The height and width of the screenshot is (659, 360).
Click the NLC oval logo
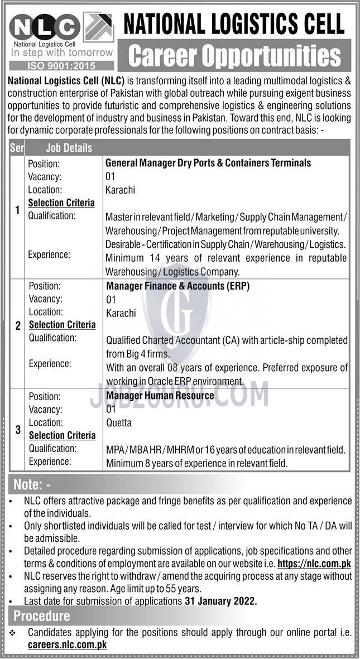(x=44, y=27)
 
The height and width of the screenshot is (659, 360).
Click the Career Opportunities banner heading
(x=234, y=56)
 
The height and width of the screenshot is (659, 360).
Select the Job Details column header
(x=62, y=148)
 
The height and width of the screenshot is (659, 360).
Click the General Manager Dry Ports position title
(x=208, y=163)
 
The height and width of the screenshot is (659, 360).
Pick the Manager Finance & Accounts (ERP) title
(x=177, y=286)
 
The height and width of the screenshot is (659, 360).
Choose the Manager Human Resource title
(x=160, y=396)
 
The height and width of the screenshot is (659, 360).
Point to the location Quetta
(x=119, y=422)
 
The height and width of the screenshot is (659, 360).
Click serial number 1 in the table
(x=17, y=210)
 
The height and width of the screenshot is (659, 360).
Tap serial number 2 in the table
(x=18, y=326)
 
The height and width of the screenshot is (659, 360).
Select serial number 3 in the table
(x=17, y=430)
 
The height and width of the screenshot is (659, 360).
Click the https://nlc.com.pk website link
(x=314, y=564)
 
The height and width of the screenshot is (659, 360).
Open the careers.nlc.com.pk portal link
(x=68, y=644)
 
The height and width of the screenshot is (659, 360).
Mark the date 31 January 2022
(x=220, y=602)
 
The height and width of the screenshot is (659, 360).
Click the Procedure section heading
(x=42, y=616)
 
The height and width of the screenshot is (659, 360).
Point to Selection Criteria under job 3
(x=62, y=435)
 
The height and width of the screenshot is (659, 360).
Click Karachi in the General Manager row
(x=120, y=190)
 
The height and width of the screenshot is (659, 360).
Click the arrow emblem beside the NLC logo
(x=98, y=28)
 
